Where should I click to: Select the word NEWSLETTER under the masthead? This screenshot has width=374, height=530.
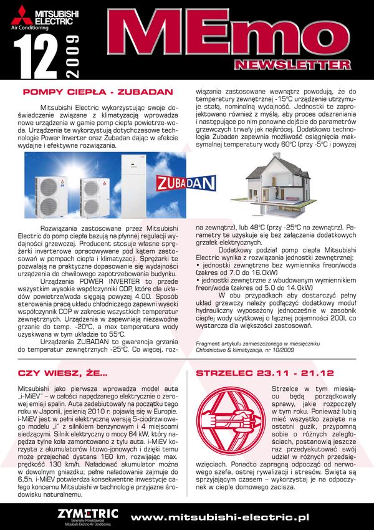(x=292, y=64)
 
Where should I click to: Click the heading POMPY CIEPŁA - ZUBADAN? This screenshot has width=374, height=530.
(x=97, y=92)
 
